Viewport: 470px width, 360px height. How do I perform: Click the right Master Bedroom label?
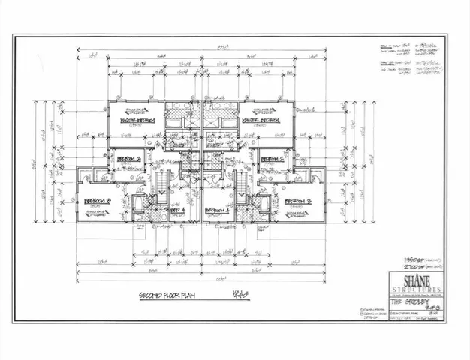[x=260, y=119]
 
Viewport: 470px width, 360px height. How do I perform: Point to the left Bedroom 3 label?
[x=97, y=201]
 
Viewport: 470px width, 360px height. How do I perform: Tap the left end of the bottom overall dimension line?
[x=78, y=268]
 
